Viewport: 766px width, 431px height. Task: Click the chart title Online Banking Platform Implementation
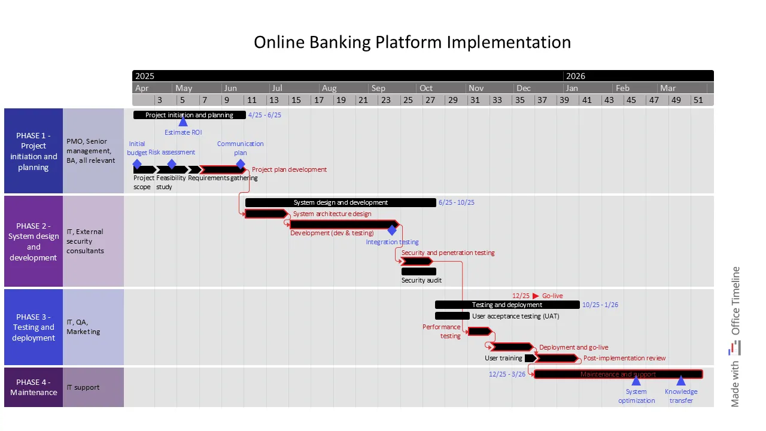[412, 43]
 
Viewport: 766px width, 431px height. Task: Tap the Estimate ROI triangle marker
[183, 122]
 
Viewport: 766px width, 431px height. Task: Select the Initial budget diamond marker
[137, 164]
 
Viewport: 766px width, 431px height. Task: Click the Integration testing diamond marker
[392, 230]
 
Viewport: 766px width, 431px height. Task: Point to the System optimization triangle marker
[636, 381]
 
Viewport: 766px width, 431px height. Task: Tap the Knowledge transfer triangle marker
[680, 381]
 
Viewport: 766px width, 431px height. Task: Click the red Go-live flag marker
[536, 296]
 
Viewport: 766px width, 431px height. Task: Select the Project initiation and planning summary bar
[189, 115]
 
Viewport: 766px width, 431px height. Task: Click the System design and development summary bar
[341, 202]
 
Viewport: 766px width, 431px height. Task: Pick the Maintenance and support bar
[618, 374]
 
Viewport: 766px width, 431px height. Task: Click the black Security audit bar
[418, 272]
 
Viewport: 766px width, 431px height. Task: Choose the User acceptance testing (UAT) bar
[452, 316]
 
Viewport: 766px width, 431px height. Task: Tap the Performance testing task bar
[479, 331]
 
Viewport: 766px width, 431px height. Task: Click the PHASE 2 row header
[34, 241]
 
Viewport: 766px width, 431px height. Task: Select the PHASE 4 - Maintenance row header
[34, 387]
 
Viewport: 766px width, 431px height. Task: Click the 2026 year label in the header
[576, 76]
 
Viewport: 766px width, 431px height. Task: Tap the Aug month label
[329, 88]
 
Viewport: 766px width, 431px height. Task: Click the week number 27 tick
[430, 100]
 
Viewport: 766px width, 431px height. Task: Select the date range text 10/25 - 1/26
[600, 305]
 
